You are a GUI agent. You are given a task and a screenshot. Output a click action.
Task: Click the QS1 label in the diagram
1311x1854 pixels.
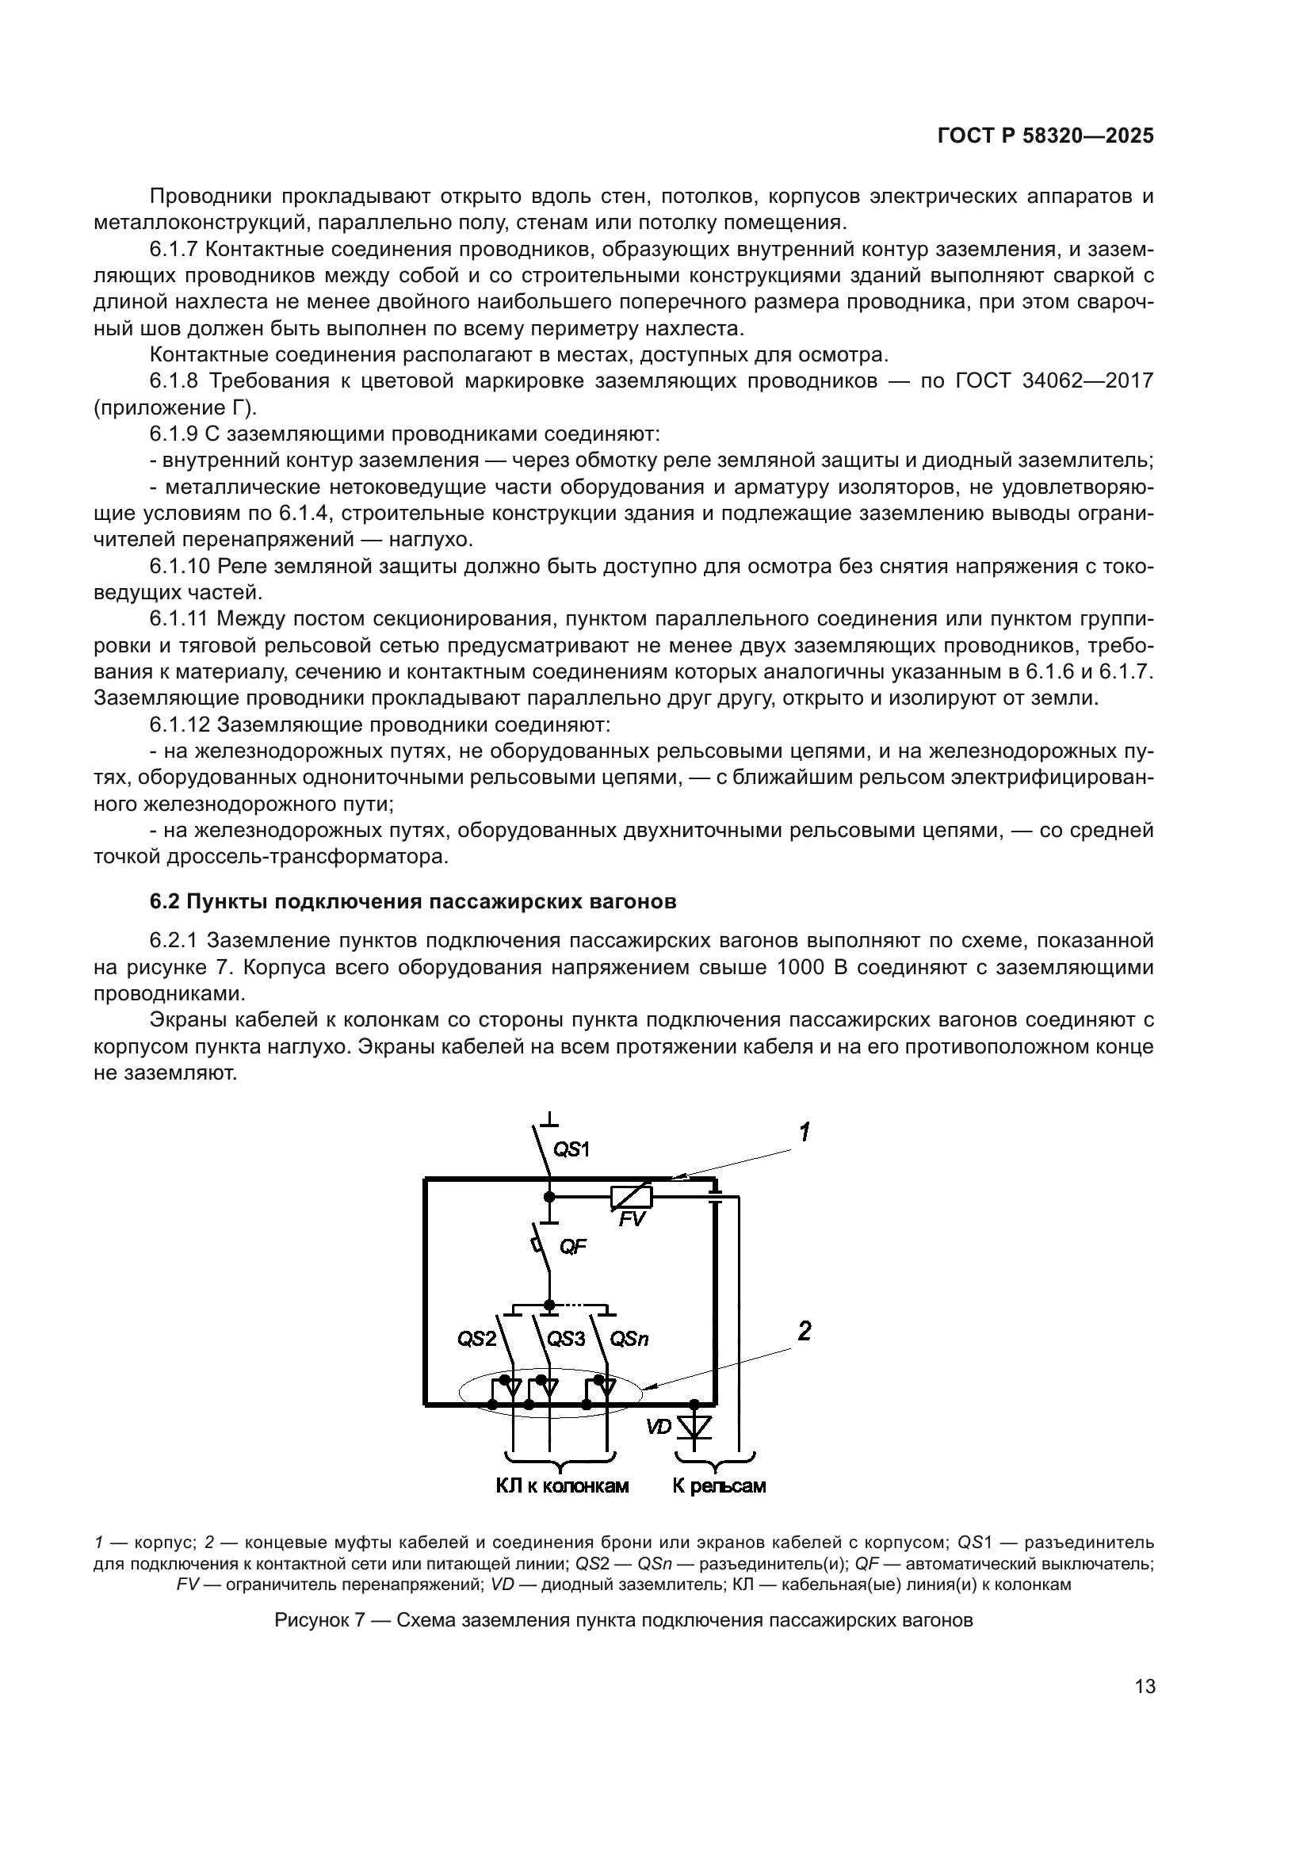(571, 1149)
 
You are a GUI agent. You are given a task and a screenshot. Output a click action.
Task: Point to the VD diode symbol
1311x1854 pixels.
(694, 1427)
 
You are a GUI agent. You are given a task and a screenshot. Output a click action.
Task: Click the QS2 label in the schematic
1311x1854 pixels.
(477, 1339)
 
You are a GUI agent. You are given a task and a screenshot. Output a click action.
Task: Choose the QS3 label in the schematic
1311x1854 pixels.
(566, 1339)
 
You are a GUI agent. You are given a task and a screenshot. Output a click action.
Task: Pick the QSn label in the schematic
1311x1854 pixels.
(629, 1340)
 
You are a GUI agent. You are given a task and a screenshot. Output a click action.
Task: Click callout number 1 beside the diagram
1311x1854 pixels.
(805, 1133)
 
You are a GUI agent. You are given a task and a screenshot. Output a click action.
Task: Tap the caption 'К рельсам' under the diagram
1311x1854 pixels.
(719, 1485)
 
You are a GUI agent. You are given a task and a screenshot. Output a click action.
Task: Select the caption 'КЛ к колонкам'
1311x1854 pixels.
(563, 1485)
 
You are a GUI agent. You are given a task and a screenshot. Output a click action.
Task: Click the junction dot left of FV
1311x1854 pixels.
(549, 1197)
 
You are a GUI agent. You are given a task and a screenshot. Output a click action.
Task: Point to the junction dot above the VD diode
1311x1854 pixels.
(694, 1405)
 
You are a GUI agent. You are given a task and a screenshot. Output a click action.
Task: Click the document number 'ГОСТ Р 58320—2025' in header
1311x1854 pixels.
(1045, 136)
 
